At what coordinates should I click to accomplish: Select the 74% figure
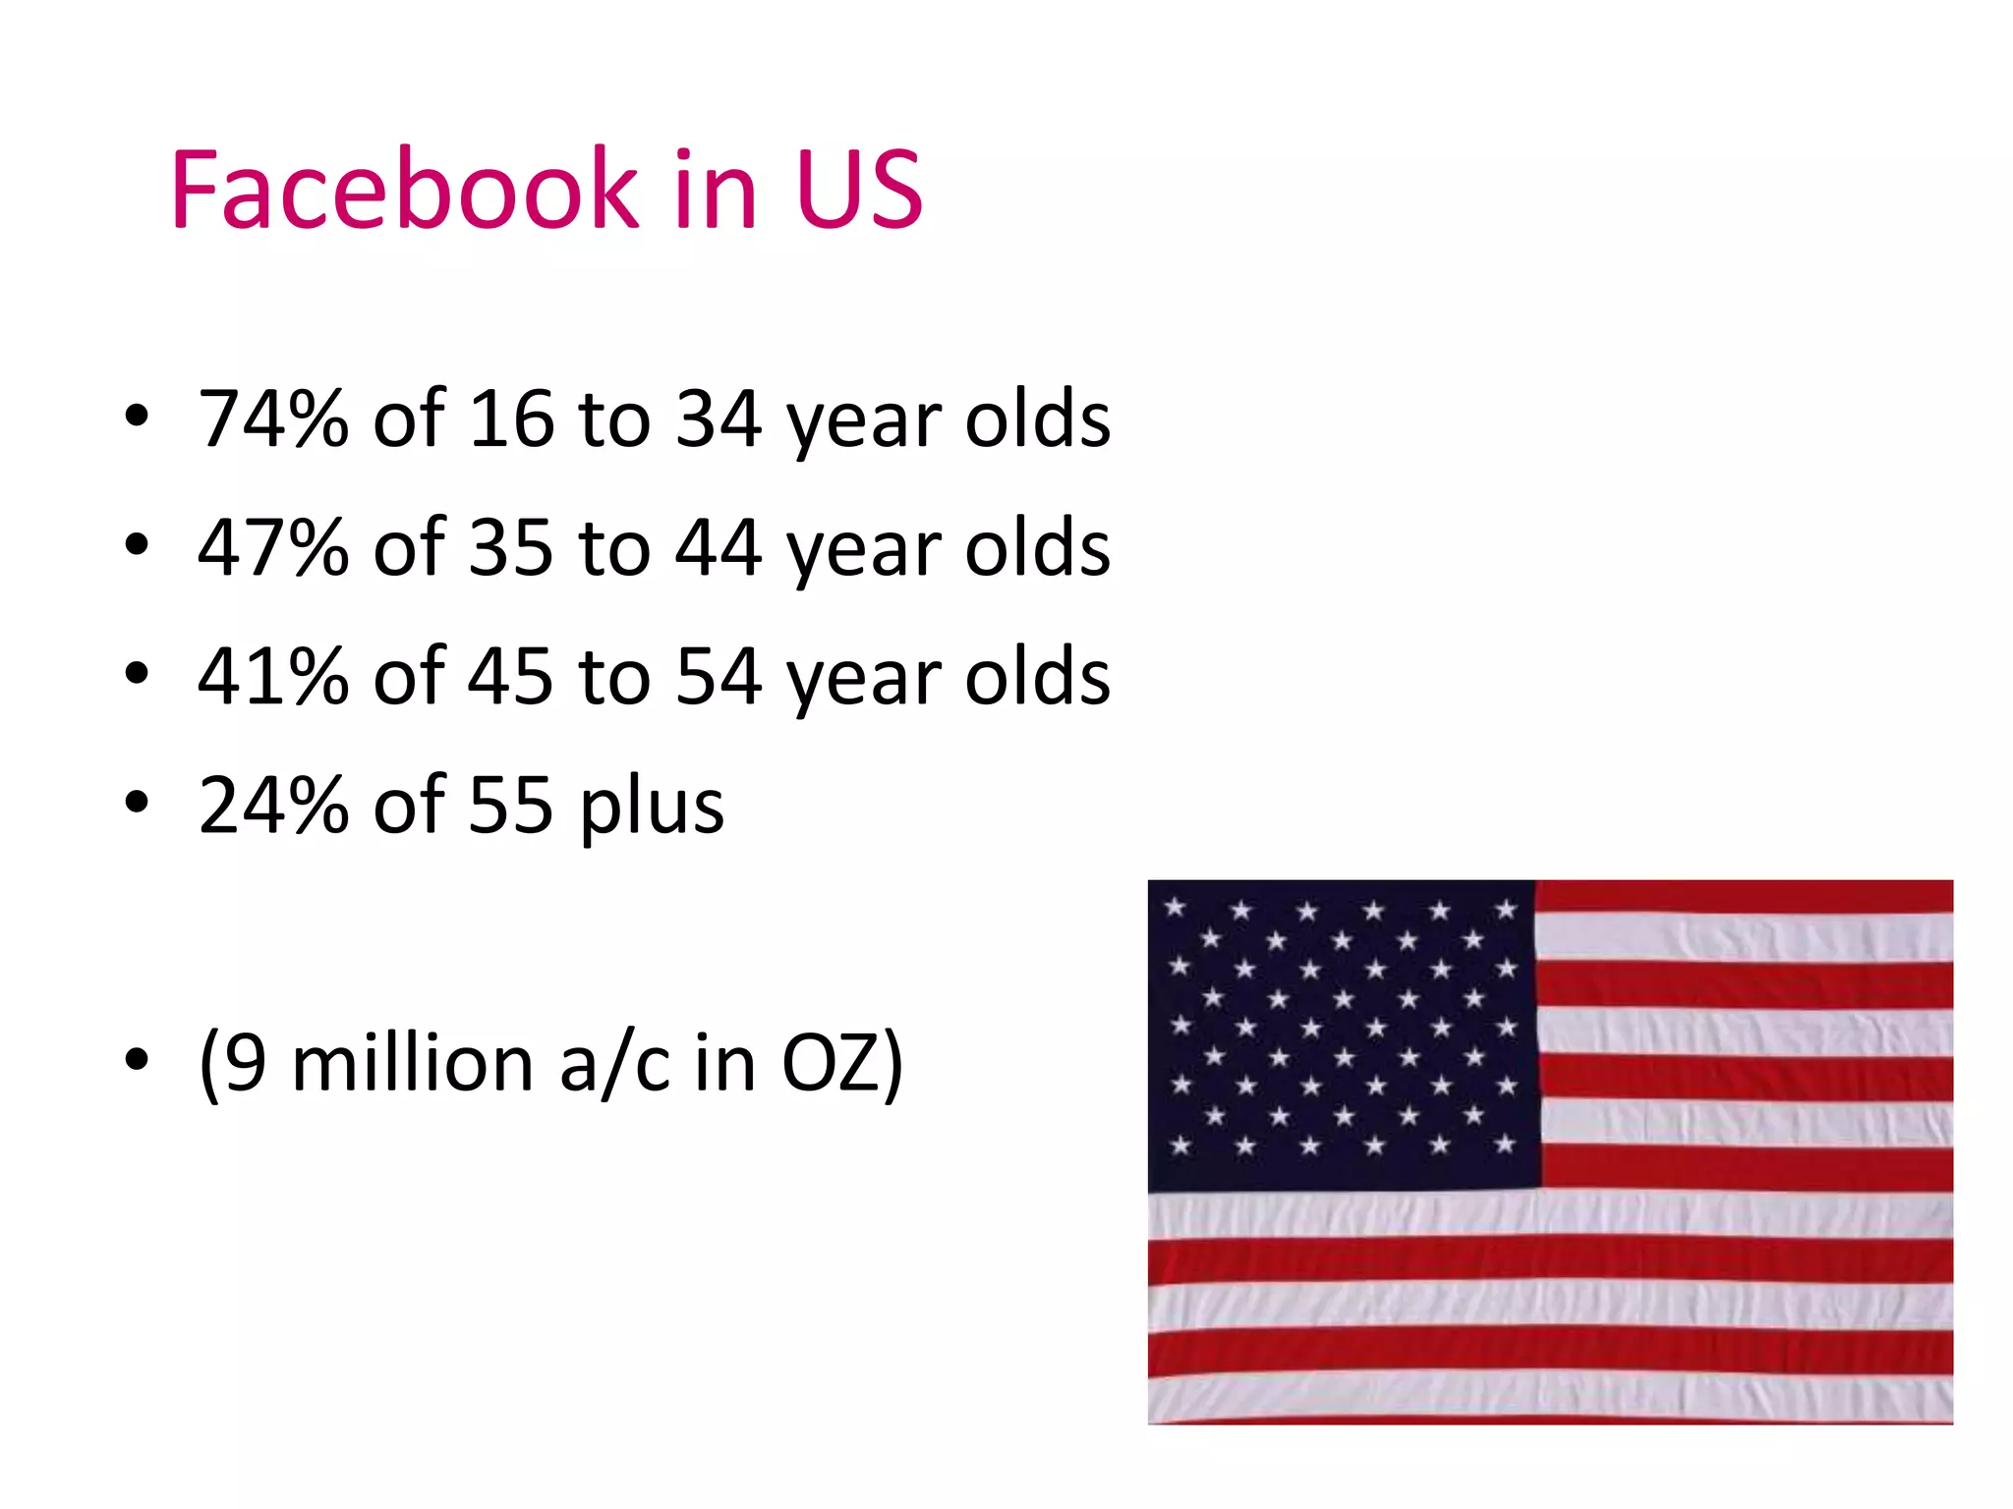point(273,419)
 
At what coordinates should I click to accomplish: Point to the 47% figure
point(273,547)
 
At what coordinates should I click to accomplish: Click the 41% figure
point(273,676)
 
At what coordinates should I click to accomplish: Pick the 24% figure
point(273,805)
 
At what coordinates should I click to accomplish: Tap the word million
point(412,1063)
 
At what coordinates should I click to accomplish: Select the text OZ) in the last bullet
point(841,1065)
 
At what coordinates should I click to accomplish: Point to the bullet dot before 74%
point(137,417)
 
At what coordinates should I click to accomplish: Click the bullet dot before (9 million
point(137,1060)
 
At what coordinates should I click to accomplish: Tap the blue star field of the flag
point(1342,1032)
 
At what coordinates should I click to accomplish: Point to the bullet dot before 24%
point(137,803)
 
